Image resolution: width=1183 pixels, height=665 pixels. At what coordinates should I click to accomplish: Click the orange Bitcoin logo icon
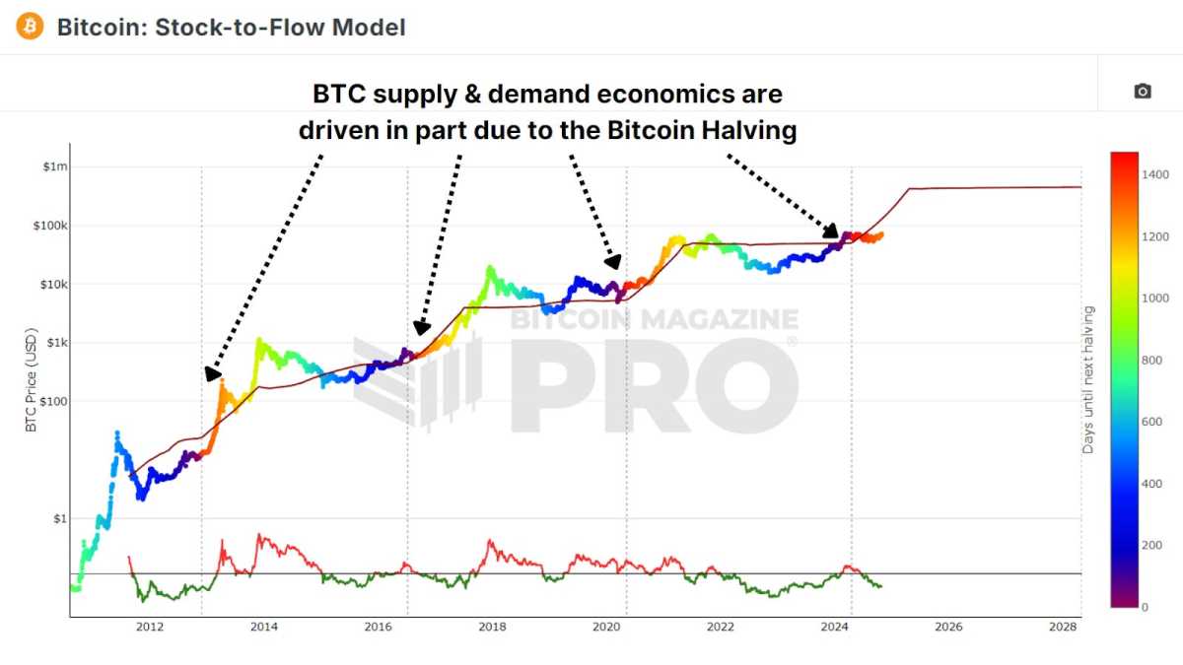30,27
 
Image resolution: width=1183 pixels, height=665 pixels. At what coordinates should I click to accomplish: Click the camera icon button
1142,91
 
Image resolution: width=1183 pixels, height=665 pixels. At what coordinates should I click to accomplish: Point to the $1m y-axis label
55,166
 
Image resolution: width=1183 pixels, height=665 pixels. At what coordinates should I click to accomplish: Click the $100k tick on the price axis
50,226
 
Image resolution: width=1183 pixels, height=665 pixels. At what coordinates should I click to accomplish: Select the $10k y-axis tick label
53,284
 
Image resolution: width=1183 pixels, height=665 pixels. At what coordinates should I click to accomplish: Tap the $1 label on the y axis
60,518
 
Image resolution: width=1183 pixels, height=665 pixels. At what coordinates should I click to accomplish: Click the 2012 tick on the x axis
150,628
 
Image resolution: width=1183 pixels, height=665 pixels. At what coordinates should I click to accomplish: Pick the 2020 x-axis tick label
606,628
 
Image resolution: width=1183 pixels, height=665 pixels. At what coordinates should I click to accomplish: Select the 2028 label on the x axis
1062,628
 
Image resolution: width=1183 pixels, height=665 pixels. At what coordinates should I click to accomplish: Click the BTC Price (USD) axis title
31,379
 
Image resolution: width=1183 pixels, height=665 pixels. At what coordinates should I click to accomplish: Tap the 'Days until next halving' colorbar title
1088,379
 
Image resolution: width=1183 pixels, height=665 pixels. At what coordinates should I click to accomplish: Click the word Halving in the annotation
749,130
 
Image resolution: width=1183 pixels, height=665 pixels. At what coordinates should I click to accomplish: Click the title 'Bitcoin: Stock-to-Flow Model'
231,27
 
